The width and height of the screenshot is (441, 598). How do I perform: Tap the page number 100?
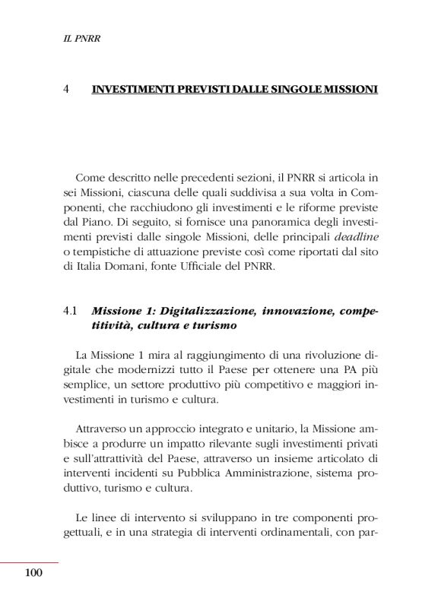point(33,573)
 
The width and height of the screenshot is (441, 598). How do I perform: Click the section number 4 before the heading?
point(68,89)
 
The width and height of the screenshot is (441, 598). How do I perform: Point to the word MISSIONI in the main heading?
point(346,89)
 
